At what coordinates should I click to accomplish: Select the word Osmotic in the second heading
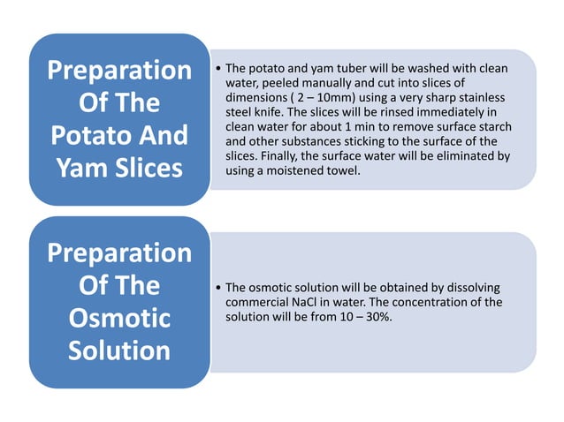tap(119, 318)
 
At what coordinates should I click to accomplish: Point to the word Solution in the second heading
tap(119, 350)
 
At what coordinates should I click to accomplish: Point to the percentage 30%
tap(377, 317)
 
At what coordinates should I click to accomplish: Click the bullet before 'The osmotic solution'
tap(218, 288)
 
